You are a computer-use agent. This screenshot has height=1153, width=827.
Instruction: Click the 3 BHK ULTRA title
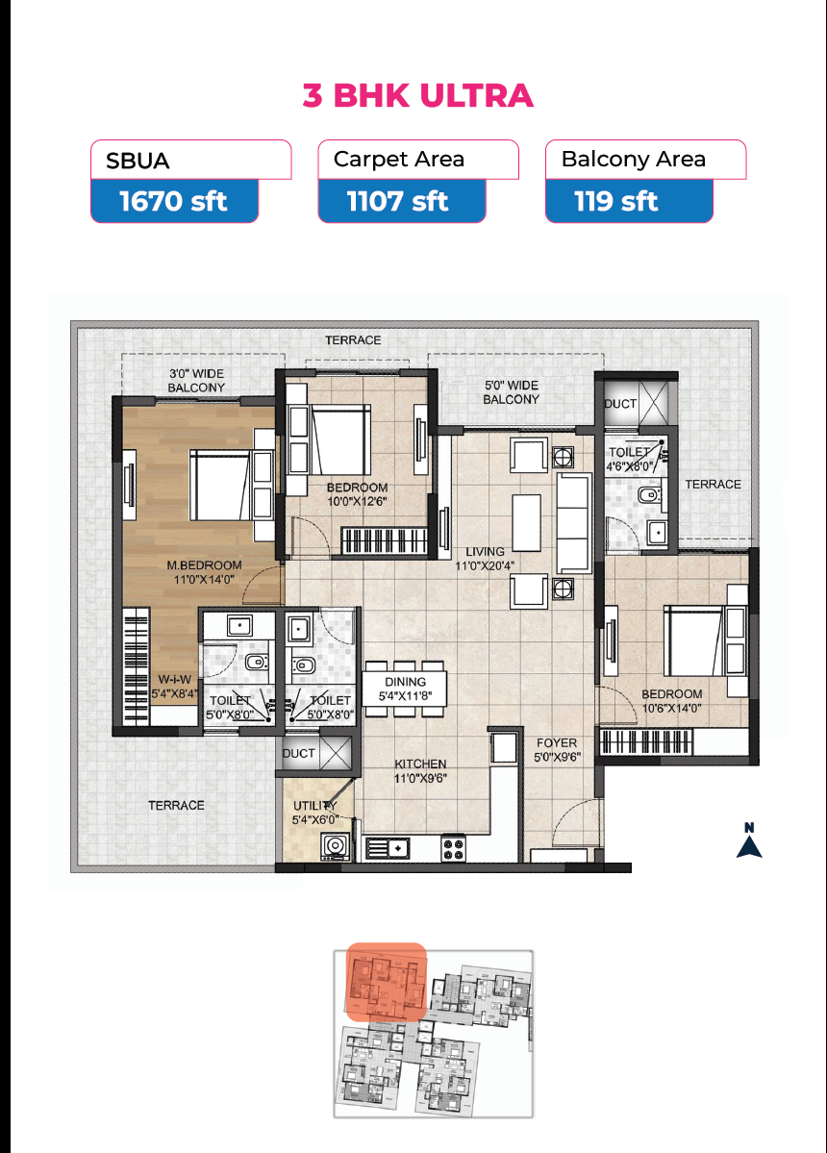tap(417, 95)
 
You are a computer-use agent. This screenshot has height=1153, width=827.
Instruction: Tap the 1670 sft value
tap(173, 201)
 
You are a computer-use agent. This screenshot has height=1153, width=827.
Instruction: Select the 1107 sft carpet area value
tap(398, 201)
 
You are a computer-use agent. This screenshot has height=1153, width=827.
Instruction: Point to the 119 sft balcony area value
tap(616, 201)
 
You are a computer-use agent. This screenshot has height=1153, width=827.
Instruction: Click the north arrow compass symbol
tap(749, 841)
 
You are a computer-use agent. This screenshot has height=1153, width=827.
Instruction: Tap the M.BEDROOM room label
tap(205, 565)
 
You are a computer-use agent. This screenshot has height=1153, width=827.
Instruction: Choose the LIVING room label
tap(486, 552)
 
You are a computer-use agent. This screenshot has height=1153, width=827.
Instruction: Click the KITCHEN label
tap(420, 764)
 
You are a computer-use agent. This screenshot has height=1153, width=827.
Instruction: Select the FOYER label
tap(557, 742)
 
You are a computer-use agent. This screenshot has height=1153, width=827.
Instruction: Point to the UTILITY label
tap(314, 805)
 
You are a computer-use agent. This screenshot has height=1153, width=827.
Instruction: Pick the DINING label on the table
tap(405, 682)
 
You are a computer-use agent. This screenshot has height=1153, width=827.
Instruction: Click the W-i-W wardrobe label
tap(174, 680)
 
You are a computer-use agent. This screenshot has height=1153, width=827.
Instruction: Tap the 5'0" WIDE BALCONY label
tap(512, 392)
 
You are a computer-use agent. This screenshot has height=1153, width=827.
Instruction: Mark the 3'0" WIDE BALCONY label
tap(196, 380)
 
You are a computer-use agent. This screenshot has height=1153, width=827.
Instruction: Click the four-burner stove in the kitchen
tap(453, 849)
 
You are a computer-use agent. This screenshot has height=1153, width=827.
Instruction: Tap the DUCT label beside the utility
tap(298, 753)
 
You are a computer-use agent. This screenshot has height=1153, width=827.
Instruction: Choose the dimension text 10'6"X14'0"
tap(672, 708)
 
